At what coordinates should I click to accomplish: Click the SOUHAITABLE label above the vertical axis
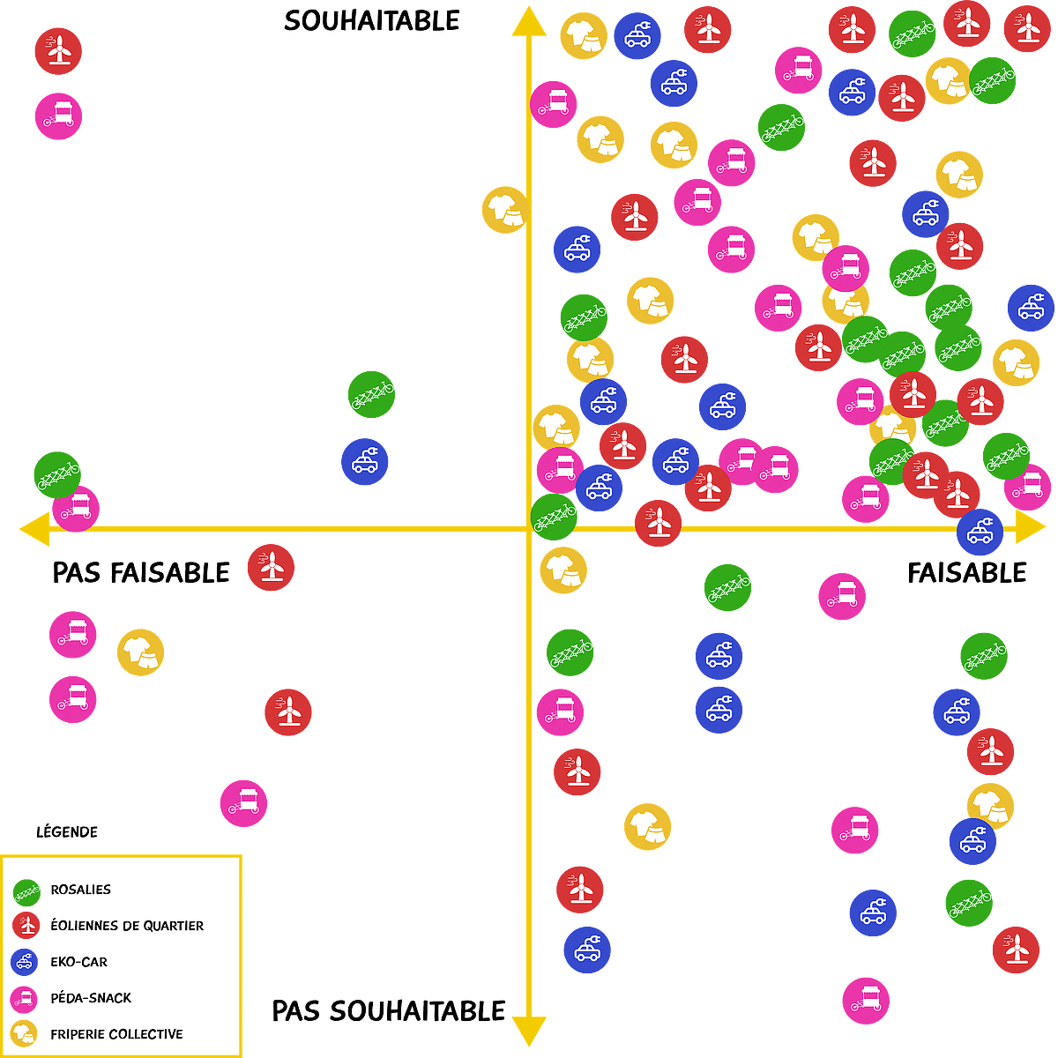[x=372, y=21]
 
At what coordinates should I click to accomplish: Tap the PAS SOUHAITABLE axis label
[x=388, y=1011]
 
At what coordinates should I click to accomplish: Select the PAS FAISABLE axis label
[x=140, y=573]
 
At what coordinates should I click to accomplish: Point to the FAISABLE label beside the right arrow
[x=967, y=573]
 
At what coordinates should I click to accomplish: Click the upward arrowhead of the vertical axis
[x=529, y=23]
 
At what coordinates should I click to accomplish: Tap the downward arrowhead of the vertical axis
[x=529, y=1032]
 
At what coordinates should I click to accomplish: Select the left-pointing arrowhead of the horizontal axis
[x=35, y=529]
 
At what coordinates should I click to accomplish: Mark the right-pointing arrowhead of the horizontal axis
[x=1030, y=527]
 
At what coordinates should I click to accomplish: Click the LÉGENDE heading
[x=67, y=831]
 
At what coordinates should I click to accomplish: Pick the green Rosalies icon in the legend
[x=27, y=893]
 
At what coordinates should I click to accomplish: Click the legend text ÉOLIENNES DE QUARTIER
[x=127, y=926]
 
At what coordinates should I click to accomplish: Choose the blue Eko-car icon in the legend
[x=24, y=962]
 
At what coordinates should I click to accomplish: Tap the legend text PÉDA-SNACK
[x=91, y=997]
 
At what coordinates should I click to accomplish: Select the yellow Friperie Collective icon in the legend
[x=24, y=1034]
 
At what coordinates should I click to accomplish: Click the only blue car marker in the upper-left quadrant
[x=364, y=461]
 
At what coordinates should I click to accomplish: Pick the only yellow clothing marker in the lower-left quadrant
[x=140, y=652]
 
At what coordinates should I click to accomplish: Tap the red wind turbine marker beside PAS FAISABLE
[x=271, y=567]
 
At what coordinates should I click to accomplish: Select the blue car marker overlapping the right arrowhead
[x=980, y=532]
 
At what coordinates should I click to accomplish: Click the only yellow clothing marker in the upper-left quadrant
[x=505, y=210]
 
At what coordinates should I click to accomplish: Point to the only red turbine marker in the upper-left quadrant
[x=58, y=51]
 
